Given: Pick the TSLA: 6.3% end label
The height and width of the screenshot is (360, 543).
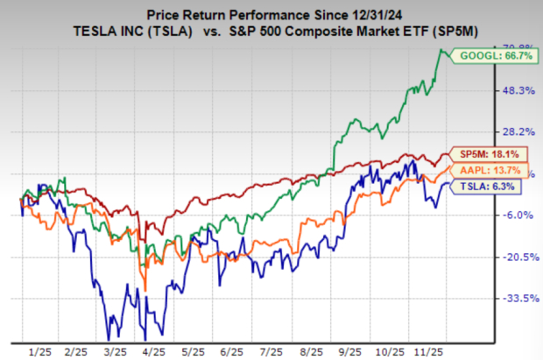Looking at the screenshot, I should pos(484,186).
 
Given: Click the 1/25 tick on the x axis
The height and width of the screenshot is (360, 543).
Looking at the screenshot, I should pos(39,349).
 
